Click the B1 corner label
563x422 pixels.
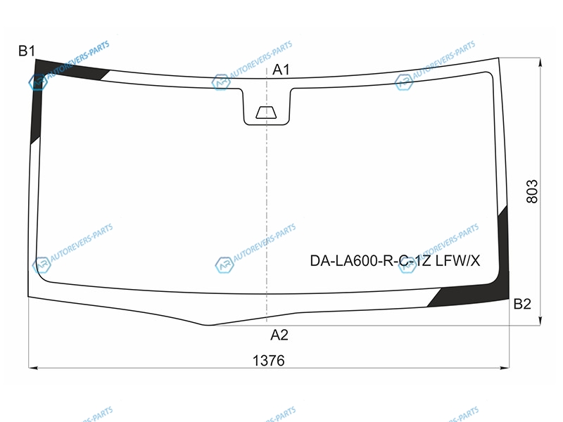[x=27, y=51]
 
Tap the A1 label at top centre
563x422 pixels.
[x=281, y=70]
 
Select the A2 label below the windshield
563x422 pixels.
[x=279, y=335]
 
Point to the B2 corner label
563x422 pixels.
[x=522, y=304]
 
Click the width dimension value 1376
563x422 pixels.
[x=269, y=360]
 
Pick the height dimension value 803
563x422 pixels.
[x=532, y=191]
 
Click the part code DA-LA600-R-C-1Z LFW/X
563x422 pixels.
[x=395, y=261]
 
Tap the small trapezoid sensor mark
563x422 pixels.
[x=266, y=113]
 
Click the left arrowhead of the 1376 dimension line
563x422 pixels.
[x=33, y=368]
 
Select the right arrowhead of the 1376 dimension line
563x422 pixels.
[x=505, y=368]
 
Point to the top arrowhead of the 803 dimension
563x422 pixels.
[x=540, y=63]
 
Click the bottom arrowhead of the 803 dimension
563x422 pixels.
[x=540, y=321]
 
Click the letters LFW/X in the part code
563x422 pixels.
[x=458, y=261]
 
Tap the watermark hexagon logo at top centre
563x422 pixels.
[x=220, y=82]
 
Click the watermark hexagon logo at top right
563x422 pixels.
[x=403, y=82]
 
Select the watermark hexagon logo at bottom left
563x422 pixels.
[x=42, y=265]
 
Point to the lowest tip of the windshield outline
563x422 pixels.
[x=206, y=325]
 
